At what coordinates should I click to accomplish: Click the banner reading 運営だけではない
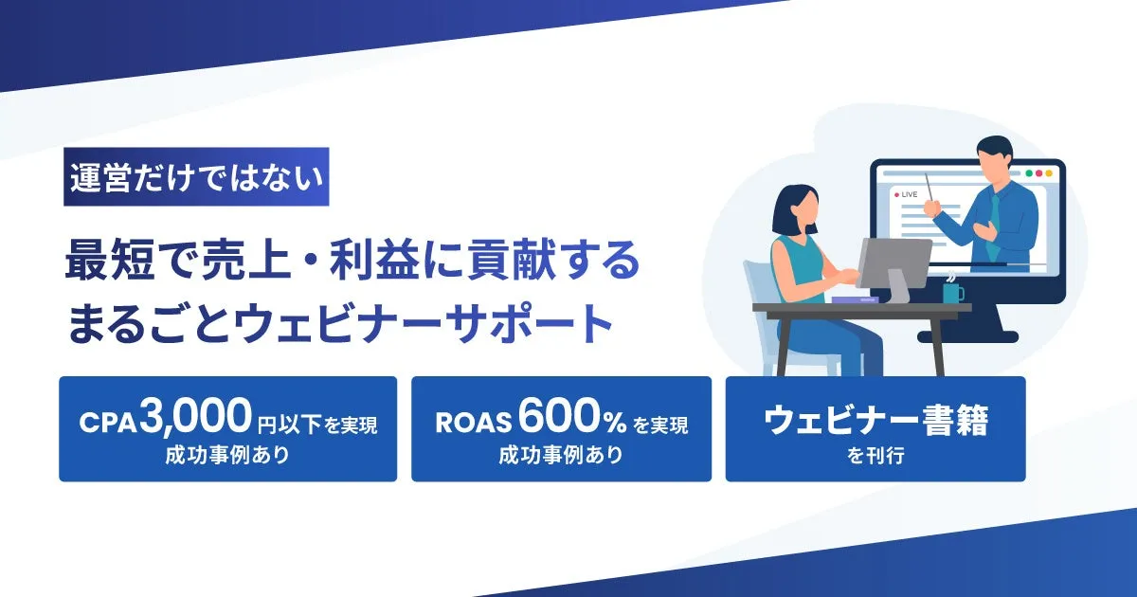[196, 176]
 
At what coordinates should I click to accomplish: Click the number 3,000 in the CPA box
[195, 417]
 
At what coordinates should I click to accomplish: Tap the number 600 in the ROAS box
[560, 416]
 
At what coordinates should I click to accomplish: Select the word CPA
[108, 424]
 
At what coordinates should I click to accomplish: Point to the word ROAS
[473, 423]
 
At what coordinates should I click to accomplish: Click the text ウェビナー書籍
[876, 421]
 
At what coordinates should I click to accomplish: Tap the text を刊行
[875, 456]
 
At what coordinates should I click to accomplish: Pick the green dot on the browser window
[1029, 173]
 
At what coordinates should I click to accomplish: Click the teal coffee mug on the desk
[953, 293]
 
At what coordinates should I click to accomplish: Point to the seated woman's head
[797, 209]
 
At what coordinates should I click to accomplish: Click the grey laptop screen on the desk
[893, 264]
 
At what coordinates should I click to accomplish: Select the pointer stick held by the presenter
[930, 190]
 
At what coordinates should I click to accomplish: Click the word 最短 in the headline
[110, 260]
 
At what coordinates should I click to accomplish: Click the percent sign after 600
[615, 423]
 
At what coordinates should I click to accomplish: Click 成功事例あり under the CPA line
[227, 455]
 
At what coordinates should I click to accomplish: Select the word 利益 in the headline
[374, 260]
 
